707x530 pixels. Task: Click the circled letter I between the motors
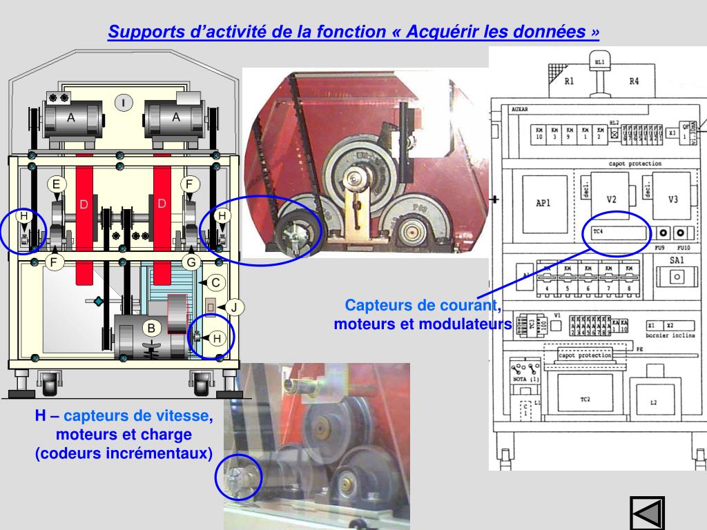click(x=123, y=103)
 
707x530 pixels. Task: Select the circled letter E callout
click(x=57, y=184)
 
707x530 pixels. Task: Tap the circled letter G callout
click(x=191, y=262)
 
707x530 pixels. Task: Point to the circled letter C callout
click(x=215, y=282)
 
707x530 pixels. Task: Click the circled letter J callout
click(x=234, y=306)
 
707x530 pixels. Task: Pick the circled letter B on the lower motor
click(x=152, y=328)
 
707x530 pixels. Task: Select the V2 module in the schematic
click(x=611, y=199)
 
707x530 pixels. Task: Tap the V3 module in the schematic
click(x=673, y=199)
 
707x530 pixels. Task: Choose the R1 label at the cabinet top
click(x=569, y=81)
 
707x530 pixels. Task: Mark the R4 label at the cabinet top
click(x=633, y=81)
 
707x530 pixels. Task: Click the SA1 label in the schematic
click(x=677, y=260)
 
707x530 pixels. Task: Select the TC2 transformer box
click(x=585, y=400)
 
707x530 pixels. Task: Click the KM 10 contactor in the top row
click(x=539, y=132)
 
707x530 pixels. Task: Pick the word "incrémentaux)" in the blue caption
click(x=164, y=453)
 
